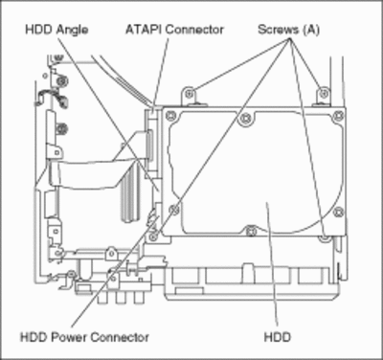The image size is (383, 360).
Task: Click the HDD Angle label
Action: tap(56, 30)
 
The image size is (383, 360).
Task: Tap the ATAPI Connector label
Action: tap(174, 30)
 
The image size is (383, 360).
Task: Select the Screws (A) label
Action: tap(288, 30)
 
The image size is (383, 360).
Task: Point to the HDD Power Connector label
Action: tap(84, 337)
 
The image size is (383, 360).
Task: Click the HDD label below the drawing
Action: tap(278, 337)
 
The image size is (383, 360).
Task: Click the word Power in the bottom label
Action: tap(69, 337)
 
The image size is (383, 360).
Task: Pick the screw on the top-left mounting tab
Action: tap(190, 94)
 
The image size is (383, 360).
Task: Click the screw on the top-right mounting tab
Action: tap(324, 94)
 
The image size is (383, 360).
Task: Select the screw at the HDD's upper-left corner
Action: tap(171, 115)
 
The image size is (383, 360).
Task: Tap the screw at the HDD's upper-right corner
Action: tap(339, 115)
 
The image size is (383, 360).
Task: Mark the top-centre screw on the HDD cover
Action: tap(246, 119)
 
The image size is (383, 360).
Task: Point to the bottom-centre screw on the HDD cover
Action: tap(251, 230)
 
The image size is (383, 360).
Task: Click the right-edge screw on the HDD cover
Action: tap(339, 212)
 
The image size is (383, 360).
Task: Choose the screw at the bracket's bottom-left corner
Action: tap(154, 236)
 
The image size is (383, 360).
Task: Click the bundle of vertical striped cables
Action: tap(130, 194)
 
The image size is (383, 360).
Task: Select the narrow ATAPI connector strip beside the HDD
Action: tap(149, 145)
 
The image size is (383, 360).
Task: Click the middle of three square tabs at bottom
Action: tap(121, 298)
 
